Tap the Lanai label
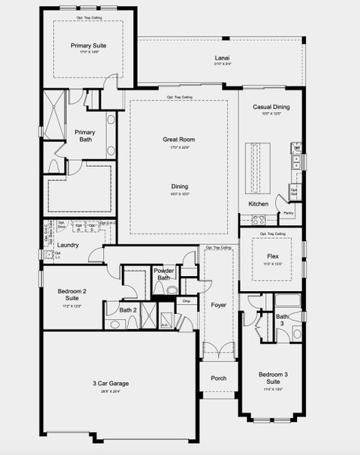pos(222,58)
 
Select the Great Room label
pos(179,140)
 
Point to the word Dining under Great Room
pos(180,187)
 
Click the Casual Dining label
pos(271,108)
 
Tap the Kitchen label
pos(258,204)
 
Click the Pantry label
pos(287,213)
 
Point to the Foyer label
pos(218,305)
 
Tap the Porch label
pos(218,378)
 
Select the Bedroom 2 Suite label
pos(73,294)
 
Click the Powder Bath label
pos(164,274)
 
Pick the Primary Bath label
pos(85,136)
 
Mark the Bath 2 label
pos(128,309)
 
